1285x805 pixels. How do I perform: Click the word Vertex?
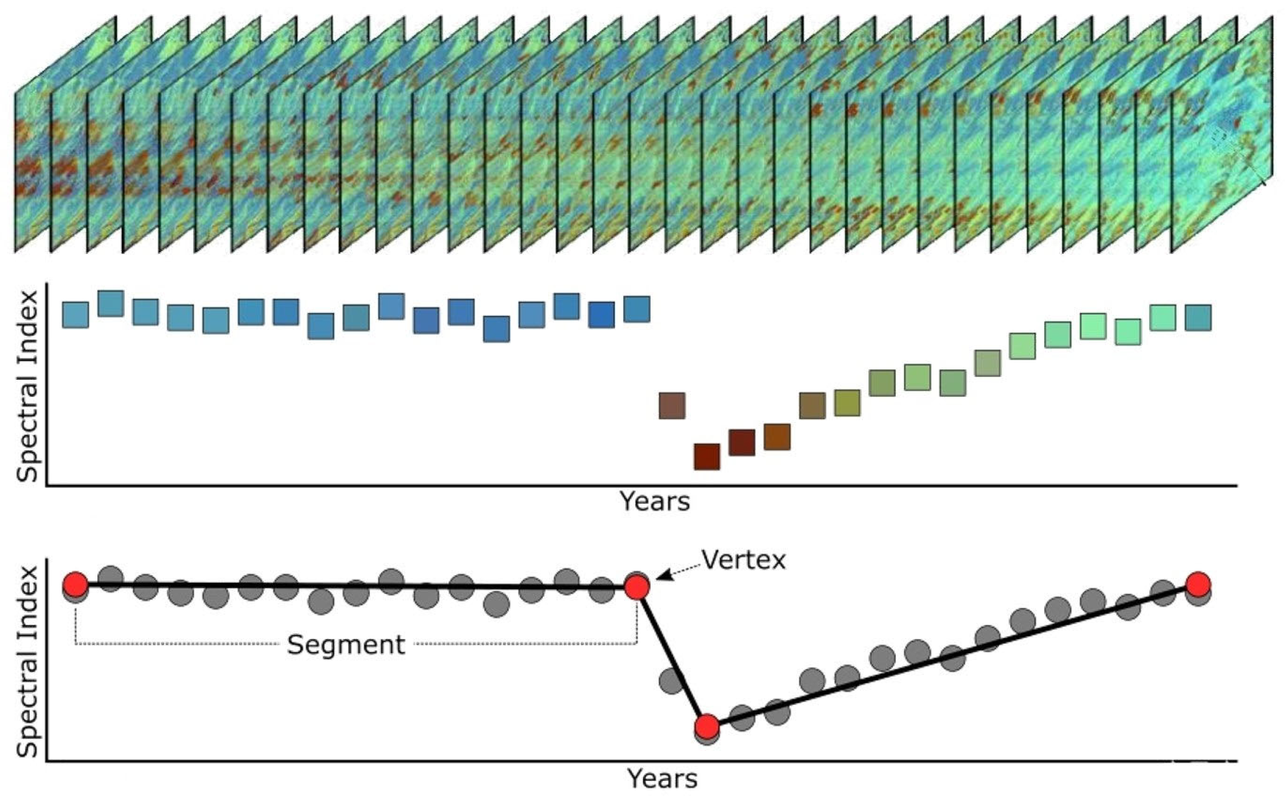click(743, 560)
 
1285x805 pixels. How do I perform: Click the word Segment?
click(346, 645)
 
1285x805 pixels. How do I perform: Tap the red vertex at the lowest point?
click(707, 726)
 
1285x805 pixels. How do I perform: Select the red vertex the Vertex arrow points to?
click(637, 587)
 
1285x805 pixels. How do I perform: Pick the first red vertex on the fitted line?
click(75, 585)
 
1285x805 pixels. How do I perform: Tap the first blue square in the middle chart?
click(75, 315)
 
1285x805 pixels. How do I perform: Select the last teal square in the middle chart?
click(1199, 318)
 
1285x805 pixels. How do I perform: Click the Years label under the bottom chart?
click(662, 779)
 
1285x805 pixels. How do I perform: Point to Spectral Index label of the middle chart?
click(28, 386)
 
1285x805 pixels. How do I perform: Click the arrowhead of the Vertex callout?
click(659, 577)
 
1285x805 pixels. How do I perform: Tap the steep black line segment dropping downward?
click(672, 658)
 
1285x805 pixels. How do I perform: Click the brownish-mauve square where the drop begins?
click(672, 406)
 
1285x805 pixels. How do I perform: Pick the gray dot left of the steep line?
click(671, 680)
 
